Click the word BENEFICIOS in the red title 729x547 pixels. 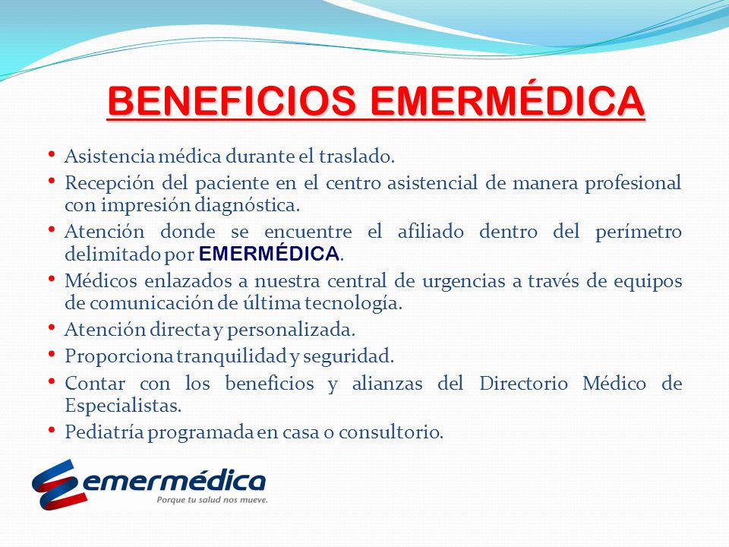[x=232, y=101]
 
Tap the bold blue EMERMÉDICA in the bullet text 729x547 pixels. [x=269, y=254]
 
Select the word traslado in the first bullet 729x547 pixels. [x=356, y=157]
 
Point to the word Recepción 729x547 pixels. [x=109, y=184]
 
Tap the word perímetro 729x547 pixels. [x=639, y=232]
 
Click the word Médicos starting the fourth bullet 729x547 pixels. [x=100, y=281]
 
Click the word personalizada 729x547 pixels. [x=291, y=330]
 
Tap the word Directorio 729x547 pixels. [x=523, y=384]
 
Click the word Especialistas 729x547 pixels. [x=123, y=406]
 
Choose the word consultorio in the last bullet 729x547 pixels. [x=390, y=432]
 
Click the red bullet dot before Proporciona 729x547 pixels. [x=52, y=356]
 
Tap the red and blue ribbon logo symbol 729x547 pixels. [x=59, y=485]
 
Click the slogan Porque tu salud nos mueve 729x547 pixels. [x=212, y=500]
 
